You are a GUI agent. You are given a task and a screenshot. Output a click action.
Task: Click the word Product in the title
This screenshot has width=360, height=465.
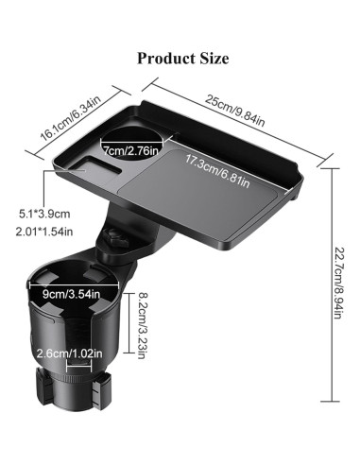[x=165, y=59]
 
